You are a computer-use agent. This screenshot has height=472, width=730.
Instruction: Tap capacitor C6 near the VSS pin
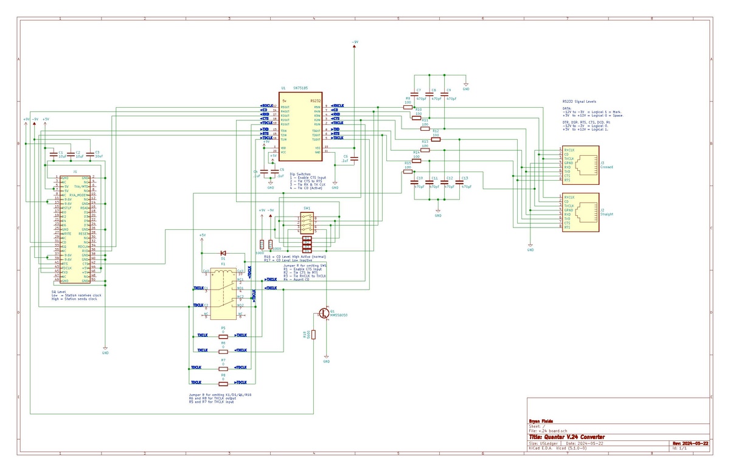click(354, 159)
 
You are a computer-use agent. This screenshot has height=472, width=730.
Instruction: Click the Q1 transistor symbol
click(325, 313)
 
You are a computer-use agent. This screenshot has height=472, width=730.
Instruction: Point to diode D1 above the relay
click(223, 252)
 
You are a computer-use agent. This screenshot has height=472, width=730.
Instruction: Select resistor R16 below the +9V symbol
click(262, 243)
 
